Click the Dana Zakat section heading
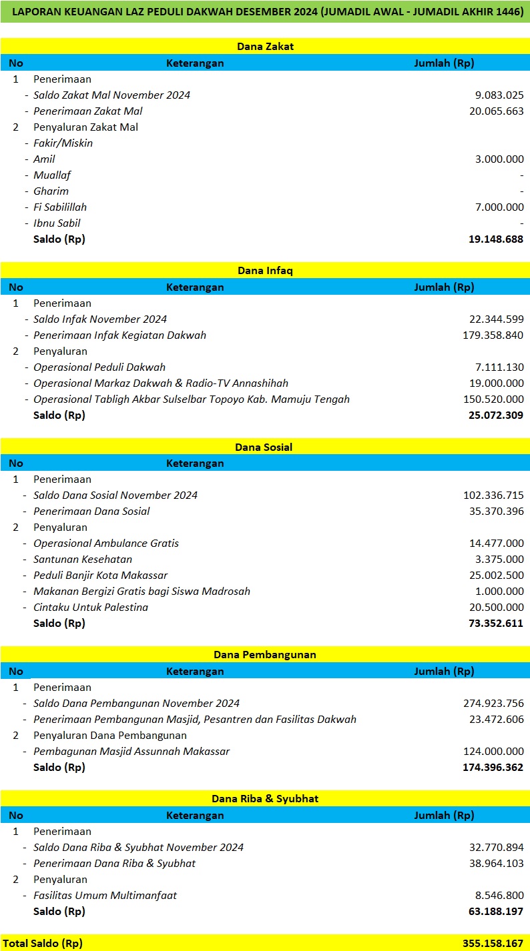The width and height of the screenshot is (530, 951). [x=265, y=46]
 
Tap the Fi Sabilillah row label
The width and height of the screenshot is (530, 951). [x=60, y=207]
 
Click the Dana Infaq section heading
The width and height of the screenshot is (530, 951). [x=265, y=270]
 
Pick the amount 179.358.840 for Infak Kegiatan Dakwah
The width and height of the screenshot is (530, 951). [x=493, y=335]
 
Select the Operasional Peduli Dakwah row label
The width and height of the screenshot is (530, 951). [x=99, y=367]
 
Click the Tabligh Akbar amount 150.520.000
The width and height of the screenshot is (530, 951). [x=493, y=399]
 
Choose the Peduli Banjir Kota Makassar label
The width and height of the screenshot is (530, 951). [x=101, y=576]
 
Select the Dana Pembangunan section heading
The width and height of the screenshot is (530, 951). [x=265, y=654]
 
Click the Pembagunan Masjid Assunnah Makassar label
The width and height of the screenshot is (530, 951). [x=131, y=752]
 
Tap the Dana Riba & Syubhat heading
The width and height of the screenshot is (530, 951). [x=265, y=798]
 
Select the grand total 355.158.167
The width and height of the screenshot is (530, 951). [x=493, y=944]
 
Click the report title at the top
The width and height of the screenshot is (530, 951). [x=265, y=12]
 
